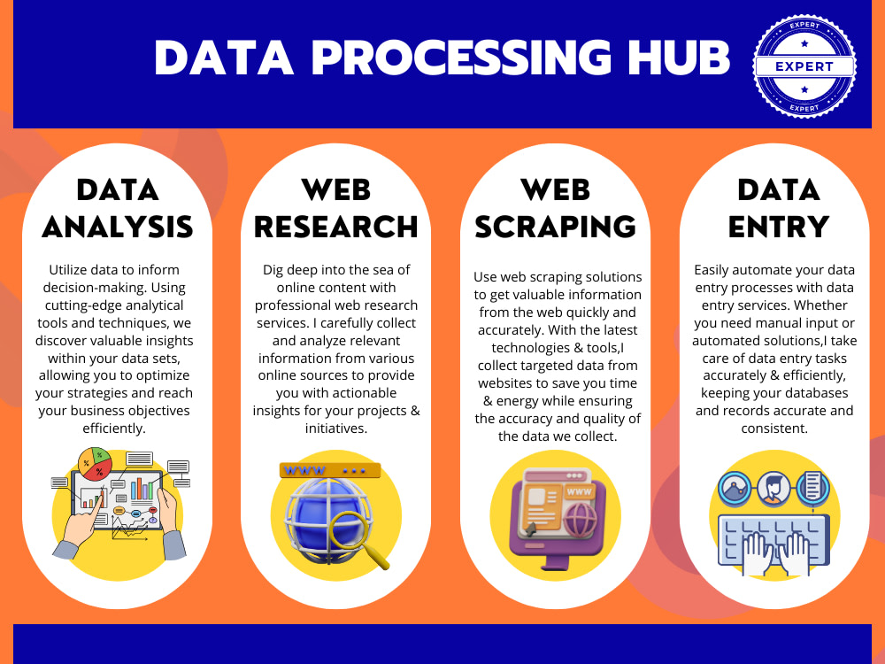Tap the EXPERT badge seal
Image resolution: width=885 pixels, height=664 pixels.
point(804,66)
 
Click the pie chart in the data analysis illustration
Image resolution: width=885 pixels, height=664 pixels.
point(95,461)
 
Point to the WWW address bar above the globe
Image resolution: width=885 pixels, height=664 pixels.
point(329,470)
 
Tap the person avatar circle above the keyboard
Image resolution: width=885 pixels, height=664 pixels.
point(772,487)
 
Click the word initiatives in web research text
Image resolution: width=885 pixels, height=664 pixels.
point(335,429)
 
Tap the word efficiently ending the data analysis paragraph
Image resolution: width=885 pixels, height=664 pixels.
point(117,429)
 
